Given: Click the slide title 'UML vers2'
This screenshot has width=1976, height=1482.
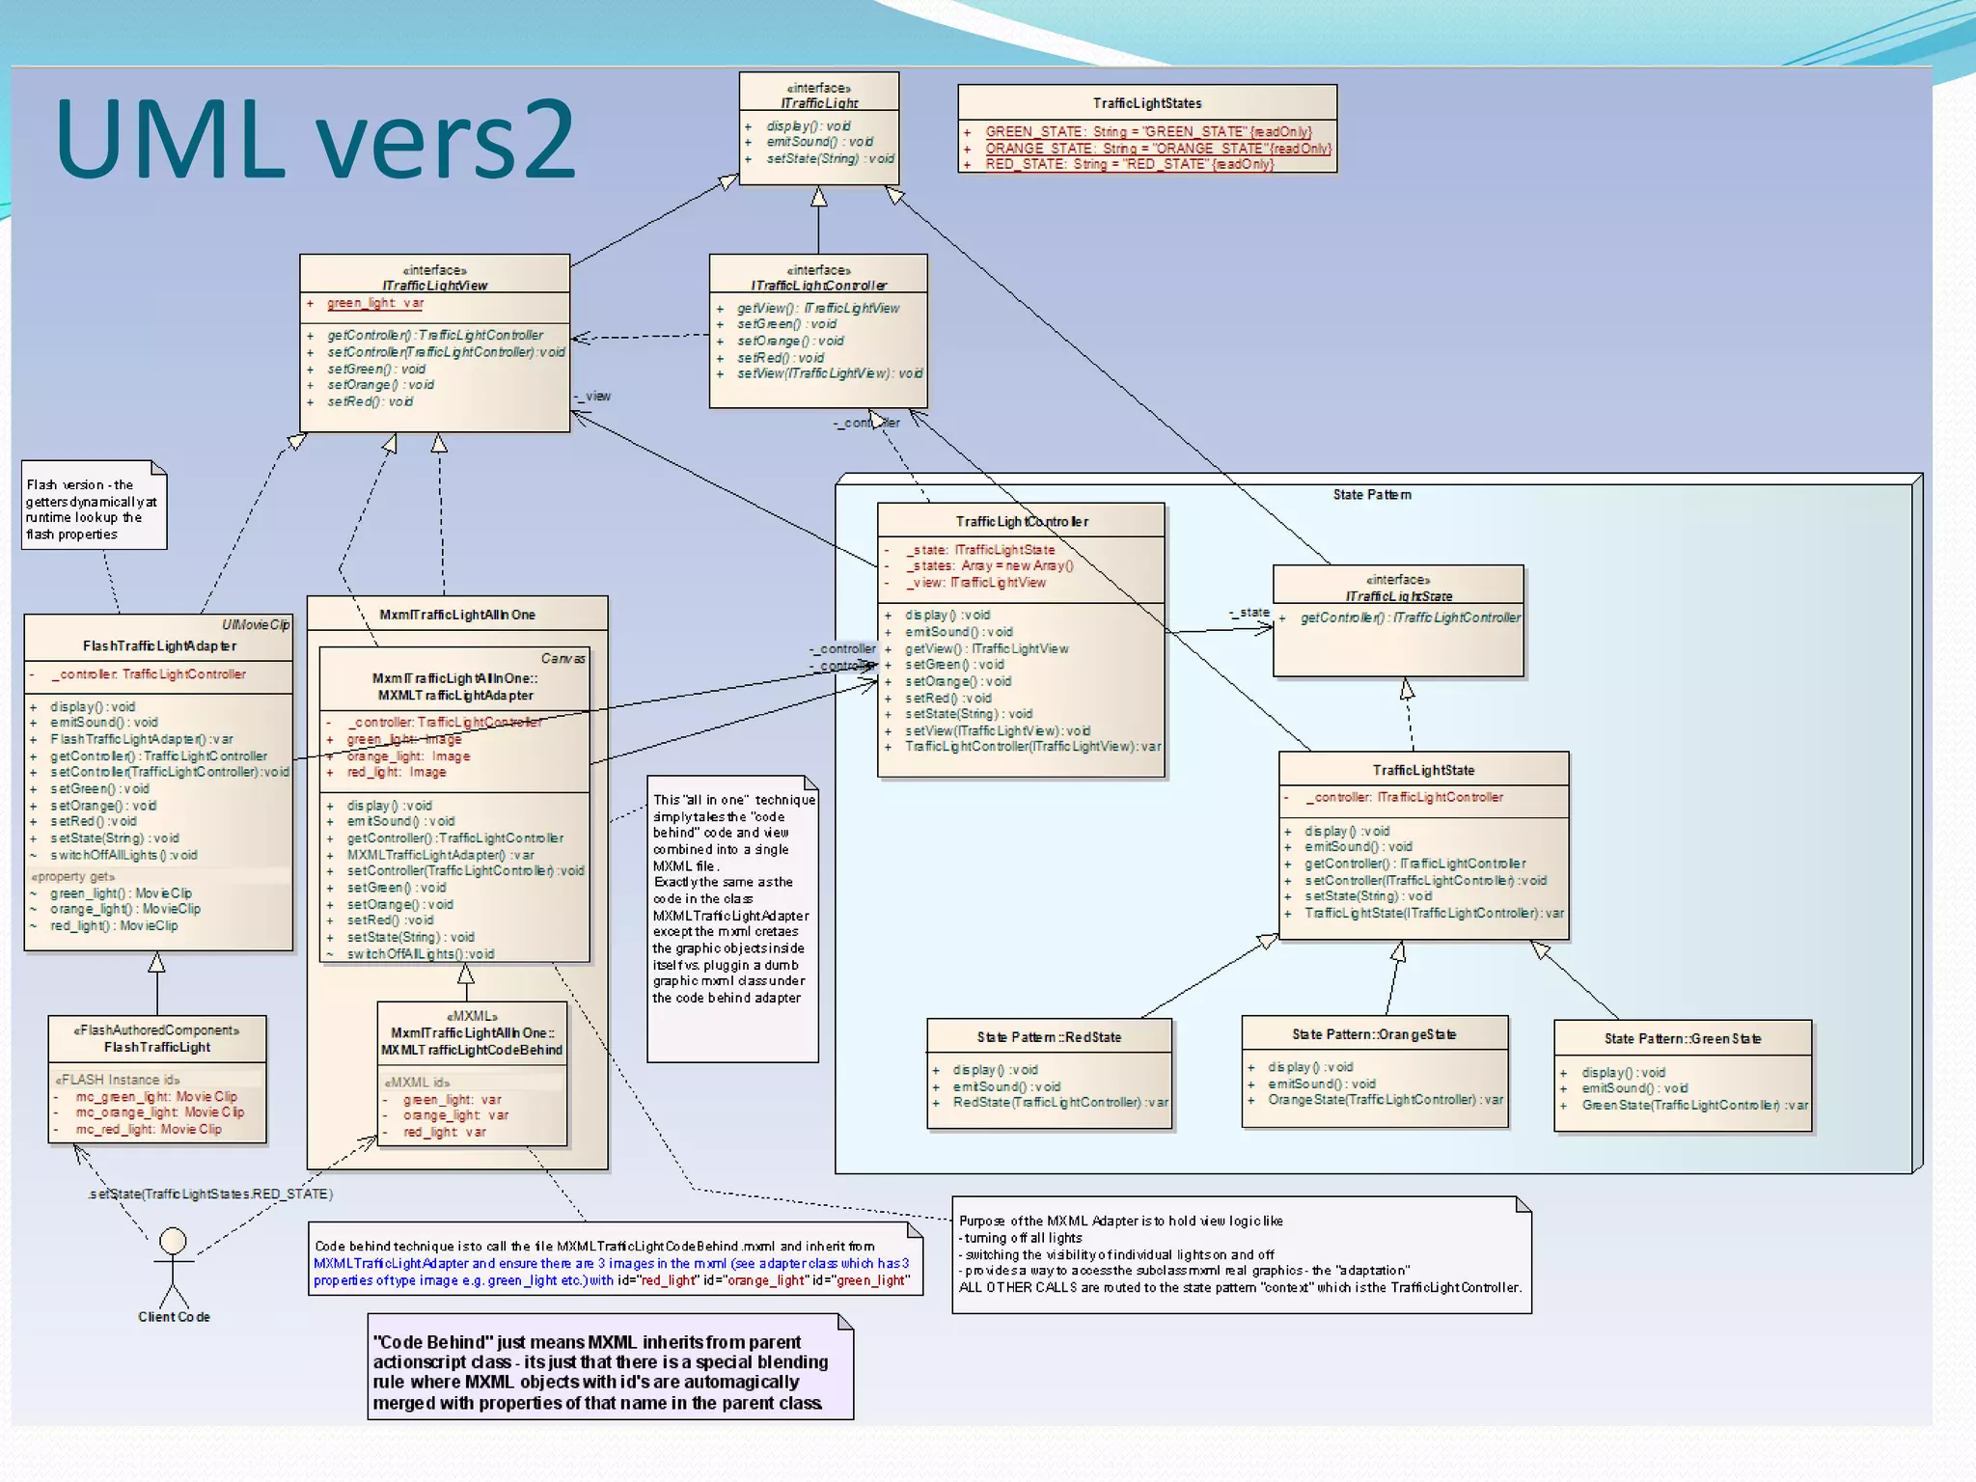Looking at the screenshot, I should [315, 140].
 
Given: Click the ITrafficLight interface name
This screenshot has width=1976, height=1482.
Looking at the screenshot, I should [819, 103].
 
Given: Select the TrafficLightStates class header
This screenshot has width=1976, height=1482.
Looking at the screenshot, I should [1146, 103].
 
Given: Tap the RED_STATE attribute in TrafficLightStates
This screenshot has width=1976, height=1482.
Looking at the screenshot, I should [1129, 165].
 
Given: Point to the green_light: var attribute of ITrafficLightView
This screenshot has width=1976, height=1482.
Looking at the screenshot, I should [375, 303].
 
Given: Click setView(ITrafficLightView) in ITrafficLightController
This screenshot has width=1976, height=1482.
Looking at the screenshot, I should [829, 374].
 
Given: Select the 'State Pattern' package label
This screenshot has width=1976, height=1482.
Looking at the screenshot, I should [1371, 495].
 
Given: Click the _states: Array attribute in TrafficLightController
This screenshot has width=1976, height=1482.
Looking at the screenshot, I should [989, 566].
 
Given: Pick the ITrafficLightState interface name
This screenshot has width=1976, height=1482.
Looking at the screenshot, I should [1398, 596].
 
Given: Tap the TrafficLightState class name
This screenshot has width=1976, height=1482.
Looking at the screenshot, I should [1423, 770].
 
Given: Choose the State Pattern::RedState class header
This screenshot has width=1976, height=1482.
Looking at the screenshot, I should [1049, 1037].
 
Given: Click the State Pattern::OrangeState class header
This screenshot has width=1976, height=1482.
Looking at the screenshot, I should [1374, 1034].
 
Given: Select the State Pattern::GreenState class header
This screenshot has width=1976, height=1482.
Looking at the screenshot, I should [1682, 1039].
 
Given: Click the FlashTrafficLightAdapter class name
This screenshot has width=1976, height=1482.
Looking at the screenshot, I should [159, 646].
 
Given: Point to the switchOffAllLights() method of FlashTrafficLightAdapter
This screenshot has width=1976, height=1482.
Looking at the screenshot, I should [123, 855].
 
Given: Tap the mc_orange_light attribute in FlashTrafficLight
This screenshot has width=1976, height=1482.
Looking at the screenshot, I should [159, 1112].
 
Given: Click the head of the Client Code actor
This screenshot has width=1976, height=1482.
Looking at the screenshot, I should [173, 1240].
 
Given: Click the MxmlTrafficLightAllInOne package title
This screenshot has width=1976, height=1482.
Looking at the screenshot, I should [456, 615].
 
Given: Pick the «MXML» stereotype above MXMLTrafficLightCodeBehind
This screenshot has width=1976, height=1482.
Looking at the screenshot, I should [472, 1016].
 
